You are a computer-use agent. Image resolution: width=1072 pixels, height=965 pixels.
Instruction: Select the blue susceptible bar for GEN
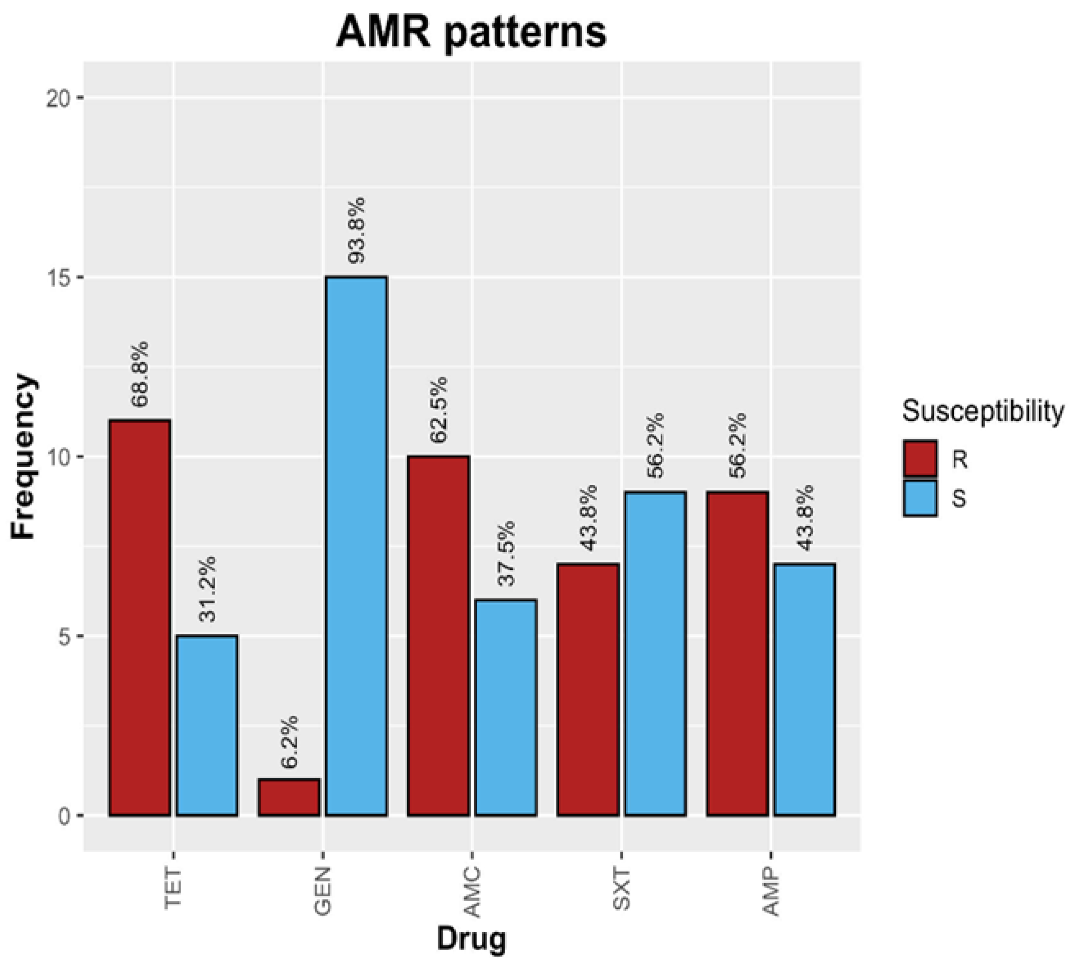pos(356,546)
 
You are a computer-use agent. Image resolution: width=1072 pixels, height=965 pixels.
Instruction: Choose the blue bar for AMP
pos(804,689)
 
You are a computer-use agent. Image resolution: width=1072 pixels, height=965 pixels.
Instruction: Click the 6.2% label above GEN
pos(289,742)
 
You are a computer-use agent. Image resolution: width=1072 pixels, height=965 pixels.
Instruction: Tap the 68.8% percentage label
pos(140,374)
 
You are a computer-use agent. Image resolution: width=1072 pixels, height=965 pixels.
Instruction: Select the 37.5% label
pos(506,553)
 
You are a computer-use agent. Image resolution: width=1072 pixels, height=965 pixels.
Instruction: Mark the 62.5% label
pos(438,410)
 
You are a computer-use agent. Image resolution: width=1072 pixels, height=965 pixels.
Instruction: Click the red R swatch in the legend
pos(920,459)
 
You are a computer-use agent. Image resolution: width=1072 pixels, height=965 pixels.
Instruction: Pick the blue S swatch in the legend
pos(920,498)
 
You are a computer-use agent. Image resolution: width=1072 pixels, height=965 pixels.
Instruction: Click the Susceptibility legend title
pos(982,411)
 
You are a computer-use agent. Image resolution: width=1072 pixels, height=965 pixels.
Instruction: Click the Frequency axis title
pos(23,457)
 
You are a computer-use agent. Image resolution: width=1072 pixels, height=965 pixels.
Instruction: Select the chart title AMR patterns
pos(471,32)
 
